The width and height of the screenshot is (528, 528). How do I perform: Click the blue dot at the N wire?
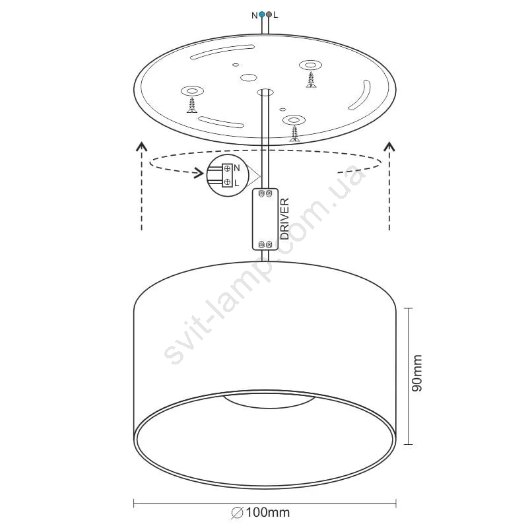(x=261, y=15)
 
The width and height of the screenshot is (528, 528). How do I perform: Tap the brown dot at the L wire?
(x=269, y=15)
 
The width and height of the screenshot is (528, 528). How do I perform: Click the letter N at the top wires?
(x=255, y=15)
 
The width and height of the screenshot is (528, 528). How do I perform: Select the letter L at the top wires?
(x=276, y=15)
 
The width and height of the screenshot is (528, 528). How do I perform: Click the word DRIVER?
(x=284, y=219)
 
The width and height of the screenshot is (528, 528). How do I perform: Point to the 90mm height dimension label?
(x=417, y=373)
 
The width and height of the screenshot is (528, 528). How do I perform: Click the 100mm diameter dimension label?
(x=268, y=513)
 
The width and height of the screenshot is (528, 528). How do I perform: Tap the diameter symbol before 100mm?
(x=238, y=513)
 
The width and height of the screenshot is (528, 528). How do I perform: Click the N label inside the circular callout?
(x=237, y=168)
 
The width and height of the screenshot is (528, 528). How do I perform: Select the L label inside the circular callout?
(x=236, y=183)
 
